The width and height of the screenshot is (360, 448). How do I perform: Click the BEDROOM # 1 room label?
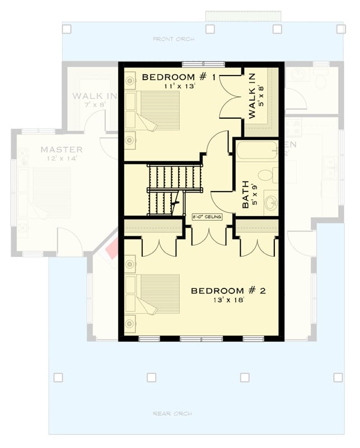179,77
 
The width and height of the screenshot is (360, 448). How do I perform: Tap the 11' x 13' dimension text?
179,86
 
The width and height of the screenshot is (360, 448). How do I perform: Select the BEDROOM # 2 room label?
228,291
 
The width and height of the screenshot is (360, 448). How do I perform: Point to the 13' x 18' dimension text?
228,301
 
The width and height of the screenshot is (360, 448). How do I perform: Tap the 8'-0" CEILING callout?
208,217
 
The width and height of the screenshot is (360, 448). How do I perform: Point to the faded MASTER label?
62,150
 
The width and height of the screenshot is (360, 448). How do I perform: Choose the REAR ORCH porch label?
173,414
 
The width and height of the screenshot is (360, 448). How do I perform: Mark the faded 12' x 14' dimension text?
62,159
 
